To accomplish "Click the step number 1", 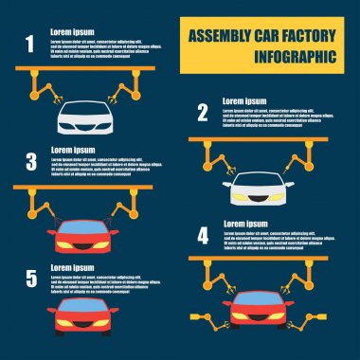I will click(29, 43).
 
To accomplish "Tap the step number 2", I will click(202, 114).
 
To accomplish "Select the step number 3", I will click(30, 160).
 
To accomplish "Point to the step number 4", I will click(202, 235).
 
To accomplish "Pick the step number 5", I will click(30, 278).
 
